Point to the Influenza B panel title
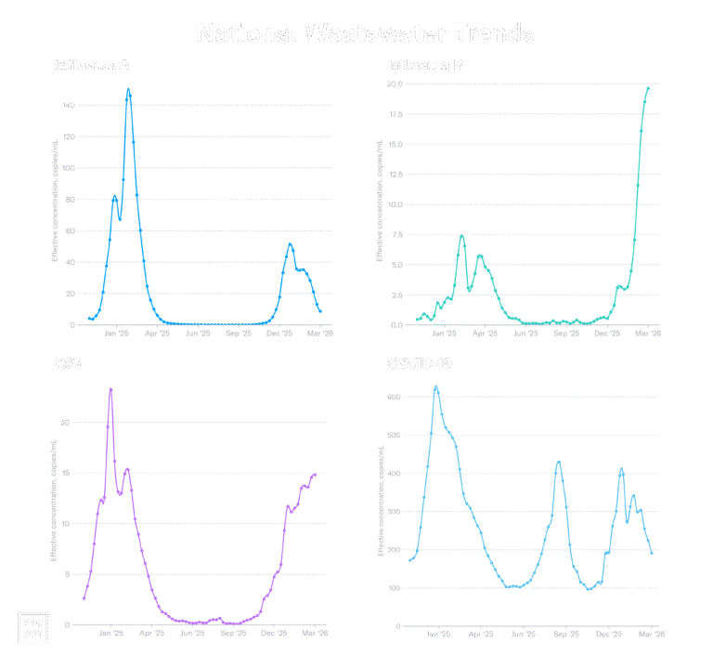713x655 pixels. coord(424,66)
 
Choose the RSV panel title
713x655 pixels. coord(69,362)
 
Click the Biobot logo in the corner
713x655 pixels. coord(33,627)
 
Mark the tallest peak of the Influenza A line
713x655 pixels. coord(128,90)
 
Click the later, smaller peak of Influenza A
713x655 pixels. coord(291,244)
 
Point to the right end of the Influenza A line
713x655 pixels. coord(320,311)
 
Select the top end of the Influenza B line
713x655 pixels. coord(647,86)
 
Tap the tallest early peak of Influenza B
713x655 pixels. coord(461,236)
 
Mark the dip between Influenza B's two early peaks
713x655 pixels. coord(471,292)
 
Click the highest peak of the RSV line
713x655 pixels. coord(110,390)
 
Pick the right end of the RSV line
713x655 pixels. coord(316,475)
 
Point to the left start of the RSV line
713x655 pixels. coord(84,598)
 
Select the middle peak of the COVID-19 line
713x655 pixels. coord(558,463)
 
